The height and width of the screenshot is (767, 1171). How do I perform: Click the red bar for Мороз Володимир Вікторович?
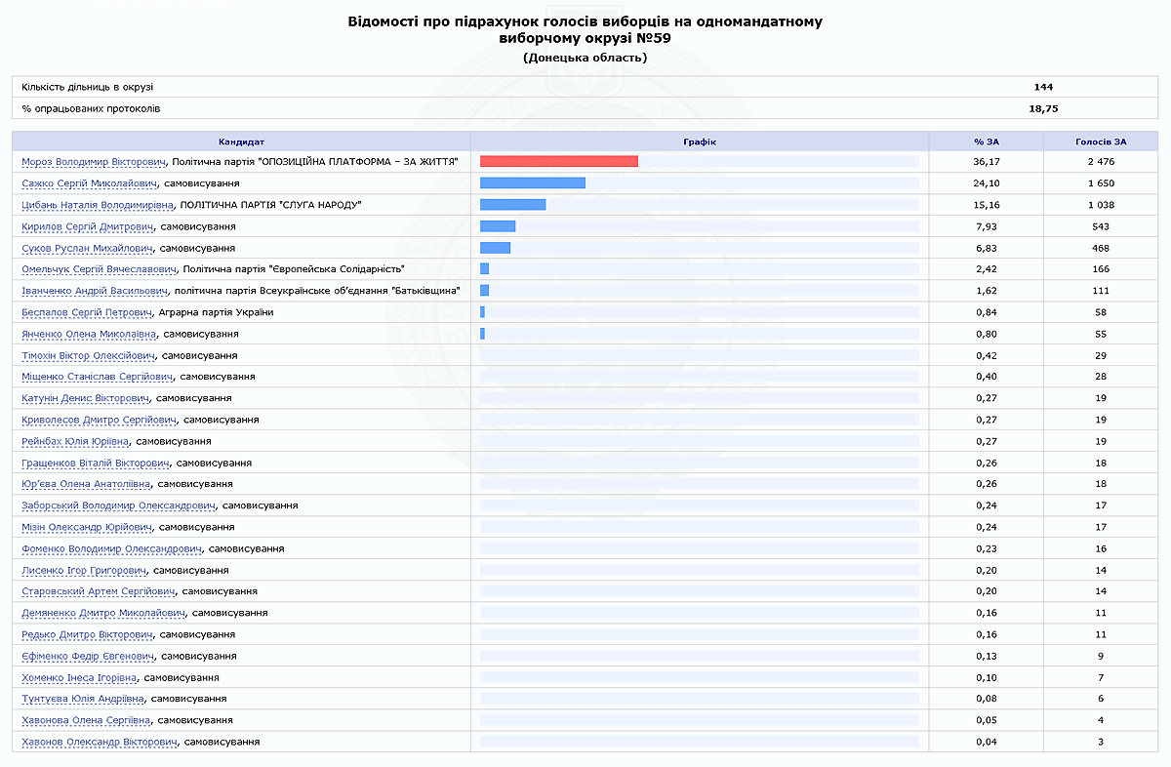tap(558, 162)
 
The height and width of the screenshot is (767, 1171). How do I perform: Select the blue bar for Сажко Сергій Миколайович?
tap(532, 183)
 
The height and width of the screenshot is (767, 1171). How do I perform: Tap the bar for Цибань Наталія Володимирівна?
tap(512, 205)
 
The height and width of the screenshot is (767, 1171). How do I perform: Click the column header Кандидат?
tap(241, 141)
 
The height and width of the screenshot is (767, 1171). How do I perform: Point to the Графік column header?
tap(700, 141)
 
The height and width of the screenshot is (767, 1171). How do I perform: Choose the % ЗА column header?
tap(987, 141)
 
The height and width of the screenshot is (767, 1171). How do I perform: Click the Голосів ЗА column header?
tap(1102, 141)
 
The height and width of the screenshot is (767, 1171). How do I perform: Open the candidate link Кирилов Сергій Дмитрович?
tap(88, 226)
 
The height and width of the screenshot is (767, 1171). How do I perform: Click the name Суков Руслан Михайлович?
tap(86, 248)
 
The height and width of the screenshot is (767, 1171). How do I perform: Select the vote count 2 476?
tap(1102, 162)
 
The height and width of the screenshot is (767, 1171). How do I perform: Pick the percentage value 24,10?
tap(987, 183)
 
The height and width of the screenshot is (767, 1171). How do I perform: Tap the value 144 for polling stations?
tap(1043, 87)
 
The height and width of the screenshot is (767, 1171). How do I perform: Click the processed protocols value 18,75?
tap(1043, 108)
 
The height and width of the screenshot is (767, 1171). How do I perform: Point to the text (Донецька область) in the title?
tap(585, 58)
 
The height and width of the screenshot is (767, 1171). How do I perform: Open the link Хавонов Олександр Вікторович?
tap(100, 742)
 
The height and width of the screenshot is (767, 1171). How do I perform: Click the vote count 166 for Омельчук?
tap(1102, 269)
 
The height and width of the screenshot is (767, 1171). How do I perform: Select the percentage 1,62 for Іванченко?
tap(987, 291)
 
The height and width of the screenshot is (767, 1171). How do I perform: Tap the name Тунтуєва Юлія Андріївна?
tap(83, 699)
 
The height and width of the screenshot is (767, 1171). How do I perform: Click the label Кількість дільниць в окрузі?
tap(88, 87)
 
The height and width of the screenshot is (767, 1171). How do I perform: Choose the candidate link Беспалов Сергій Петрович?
tap(87, 312)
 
